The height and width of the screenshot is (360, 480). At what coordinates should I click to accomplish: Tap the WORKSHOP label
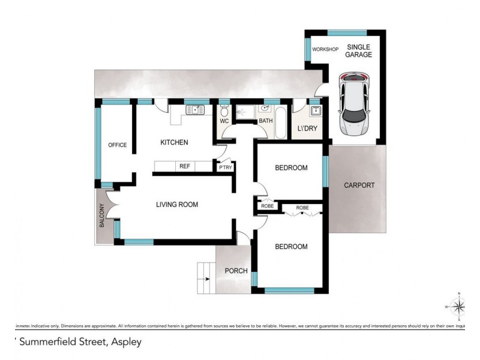[324, 49]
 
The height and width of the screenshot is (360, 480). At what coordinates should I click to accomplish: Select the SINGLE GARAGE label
[358, 51]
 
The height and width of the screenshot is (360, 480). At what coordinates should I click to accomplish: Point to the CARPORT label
[359, 185]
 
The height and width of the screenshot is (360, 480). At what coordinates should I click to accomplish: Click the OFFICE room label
[117, 145]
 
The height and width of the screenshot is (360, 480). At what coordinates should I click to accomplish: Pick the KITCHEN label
[174, 142]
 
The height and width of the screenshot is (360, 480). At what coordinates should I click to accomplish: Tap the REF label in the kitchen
[184, 166]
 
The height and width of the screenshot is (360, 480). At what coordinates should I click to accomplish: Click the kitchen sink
[194, 109]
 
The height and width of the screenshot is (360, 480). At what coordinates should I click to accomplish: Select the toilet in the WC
[224, 111]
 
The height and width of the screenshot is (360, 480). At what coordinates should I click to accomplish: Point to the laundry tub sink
[316, 110]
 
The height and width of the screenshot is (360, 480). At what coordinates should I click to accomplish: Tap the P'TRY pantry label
[226, 167]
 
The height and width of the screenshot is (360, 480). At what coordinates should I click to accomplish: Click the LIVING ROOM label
[177, 205]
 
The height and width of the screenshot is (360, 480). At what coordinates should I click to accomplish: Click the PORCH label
[236, 271]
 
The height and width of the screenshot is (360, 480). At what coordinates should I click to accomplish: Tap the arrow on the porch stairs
[207, 279]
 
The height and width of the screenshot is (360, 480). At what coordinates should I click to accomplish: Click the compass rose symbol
[459, 307]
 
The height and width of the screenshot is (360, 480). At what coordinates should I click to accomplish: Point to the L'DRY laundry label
[307, 128]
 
